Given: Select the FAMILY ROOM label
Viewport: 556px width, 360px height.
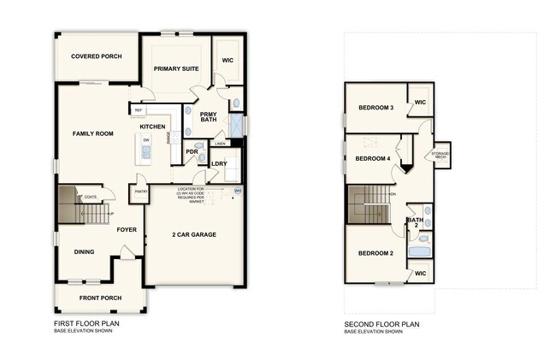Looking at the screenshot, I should (x=93, y=133).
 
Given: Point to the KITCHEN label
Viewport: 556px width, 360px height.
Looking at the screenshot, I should (x=152, y=127).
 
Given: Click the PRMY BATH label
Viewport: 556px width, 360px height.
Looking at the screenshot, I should (x=209, y=118).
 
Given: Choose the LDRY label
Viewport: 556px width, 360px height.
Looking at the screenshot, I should (x=219, y=162).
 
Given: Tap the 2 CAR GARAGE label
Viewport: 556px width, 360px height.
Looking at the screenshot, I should (x=194, y=234).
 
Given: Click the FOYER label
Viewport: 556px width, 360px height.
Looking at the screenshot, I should (x=127, y=229).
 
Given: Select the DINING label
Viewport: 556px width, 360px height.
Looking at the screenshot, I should (x=84, y=251).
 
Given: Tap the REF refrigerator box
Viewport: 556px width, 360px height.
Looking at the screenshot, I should (x=138, y=109).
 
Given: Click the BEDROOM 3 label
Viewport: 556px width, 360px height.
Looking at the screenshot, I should (x=376, y=108).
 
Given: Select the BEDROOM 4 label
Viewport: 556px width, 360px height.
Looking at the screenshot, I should (x=373, y=159).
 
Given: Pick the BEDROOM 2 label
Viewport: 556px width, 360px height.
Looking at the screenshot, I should (x=376, y=253).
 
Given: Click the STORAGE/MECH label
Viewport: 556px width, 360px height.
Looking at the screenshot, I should (x=441, y=155).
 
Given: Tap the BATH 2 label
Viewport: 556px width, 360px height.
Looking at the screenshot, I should (x=415, y=223).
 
